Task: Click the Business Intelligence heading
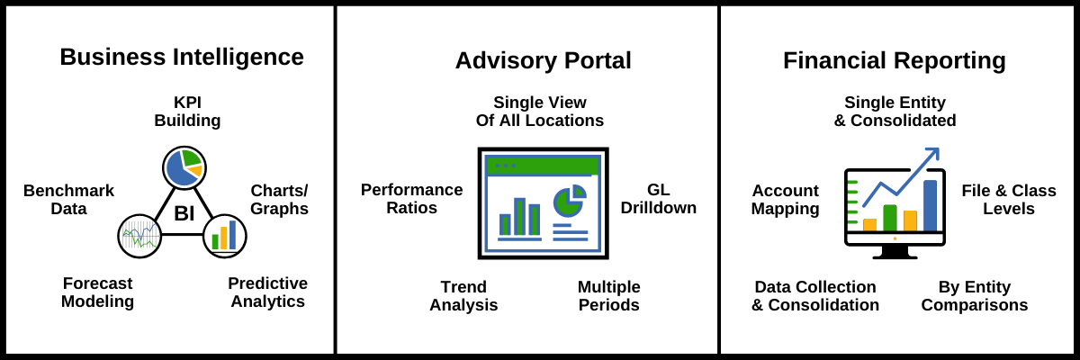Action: click(x=182, y=58)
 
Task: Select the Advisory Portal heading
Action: click(x=543, y=60)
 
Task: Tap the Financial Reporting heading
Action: click(x=894, y=60)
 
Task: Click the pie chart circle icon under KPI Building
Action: click(x=184, y=167)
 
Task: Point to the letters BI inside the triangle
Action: click(x=184, y=213)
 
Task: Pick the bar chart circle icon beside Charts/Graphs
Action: click(x=225, y=236)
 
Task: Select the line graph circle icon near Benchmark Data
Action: click(x=139, y=237)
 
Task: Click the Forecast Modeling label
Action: click(x=97, y=292)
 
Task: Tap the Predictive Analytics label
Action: click(x=267, y=292)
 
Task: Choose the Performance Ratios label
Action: click(x=411, y=199)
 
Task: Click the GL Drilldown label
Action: click(x=658, y=199)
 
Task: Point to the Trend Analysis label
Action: click(x=463, y=296)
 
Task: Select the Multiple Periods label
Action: click(x=608, y=296)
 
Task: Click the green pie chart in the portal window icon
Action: click(x=568, y=202)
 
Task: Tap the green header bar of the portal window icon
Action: click(x=543, y=166)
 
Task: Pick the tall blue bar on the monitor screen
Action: click(x=930, y=205)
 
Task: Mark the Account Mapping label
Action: click(x=785, y=200)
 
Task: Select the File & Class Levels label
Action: click(x=1008, y=200)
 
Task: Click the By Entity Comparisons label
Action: click(x=974, y=296)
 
